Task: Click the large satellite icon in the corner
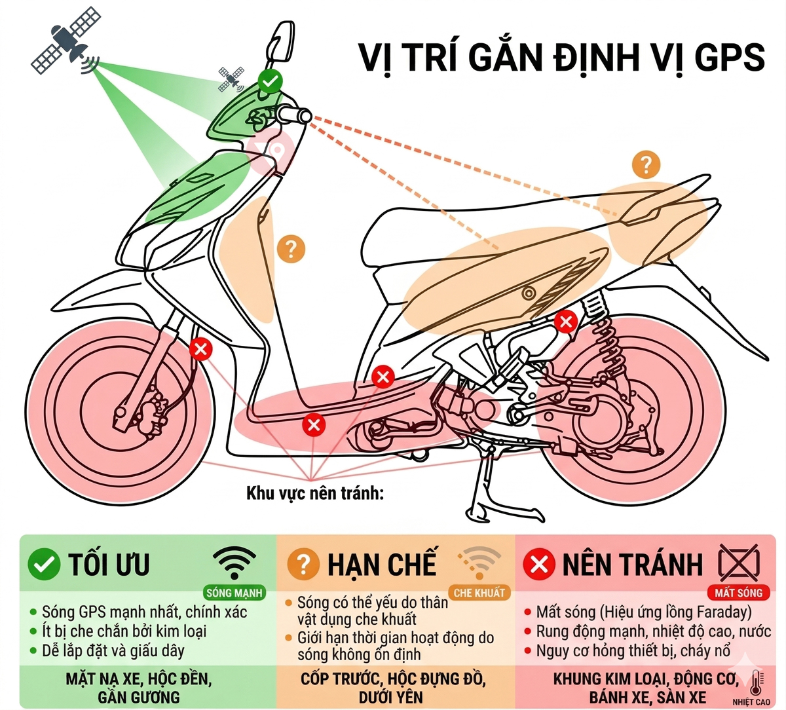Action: coord(65,41)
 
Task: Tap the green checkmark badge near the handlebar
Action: coord(270,82)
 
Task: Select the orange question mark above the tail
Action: coord(646,164)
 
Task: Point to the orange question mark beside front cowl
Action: coord(291,249)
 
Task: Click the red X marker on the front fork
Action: coord(200,349)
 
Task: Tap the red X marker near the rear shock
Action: coord(565,322)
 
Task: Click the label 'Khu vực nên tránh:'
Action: coord(314,493)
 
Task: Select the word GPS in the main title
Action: coord(729,58)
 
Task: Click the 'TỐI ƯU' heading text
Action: coord(109,565)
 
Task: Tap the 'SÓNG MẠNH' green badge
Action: coord(234,593)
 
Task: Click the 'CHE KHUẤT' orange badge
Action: coord(479,593)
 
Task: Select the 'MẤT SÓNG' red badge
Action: coord(738,593)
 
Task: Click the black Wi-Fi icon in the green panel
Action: coord(234,562)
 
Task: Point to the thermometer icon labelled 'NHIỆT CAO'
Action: coord(757,684)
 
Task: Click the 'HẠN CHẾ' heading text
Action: coord(381,565)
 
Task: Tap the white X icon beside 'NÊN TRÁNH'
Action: coord(539,565)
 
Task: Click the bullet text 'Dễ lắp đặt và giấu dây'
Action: coord(113,651)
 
